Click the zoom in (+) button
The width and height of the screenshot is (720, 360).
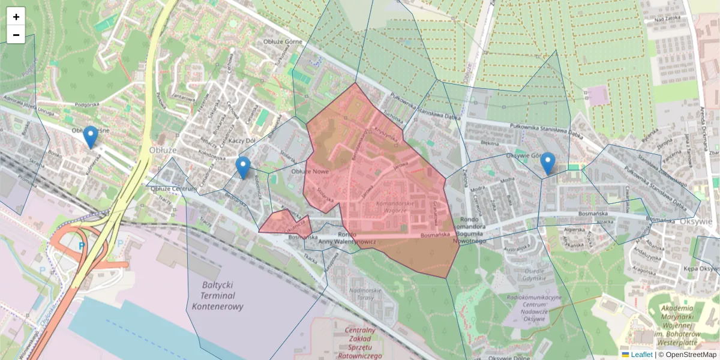[x=16, y=17]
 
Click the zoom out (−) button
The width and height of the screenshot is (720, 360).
[x=16, y=35]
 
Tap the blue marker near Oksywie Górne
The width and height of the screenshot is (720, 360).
[x=547, y=164]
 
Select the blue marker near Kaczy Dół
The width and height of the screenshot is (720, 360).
[x=242, y=167]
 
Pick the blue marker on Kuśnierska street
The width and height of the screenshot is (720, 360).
[x=91, y=137]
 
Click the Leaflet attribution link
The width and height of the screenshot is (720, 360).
[x=641, y=355]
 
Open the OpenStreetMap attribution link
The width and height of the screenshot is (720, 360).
[x=691, y=355]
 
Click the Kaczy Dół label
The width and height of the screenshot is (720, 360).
[x=242, y=140]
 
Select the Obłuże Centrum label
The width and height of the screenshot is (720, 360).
[x=174, y=189]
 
